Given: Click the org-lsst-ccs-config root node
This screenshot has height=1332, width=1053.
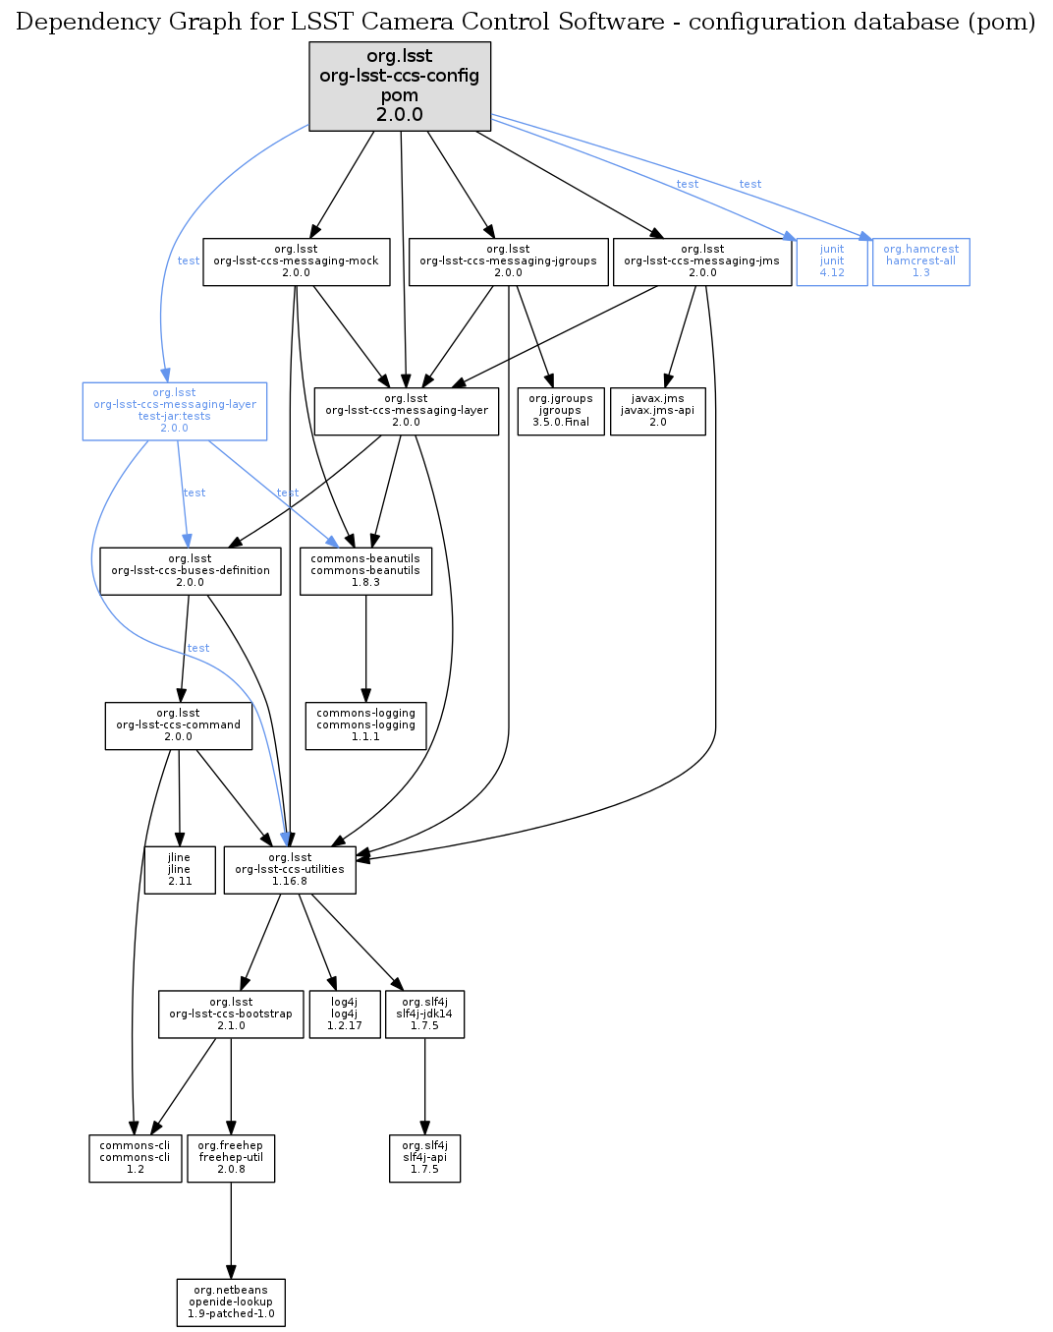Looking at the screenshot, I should (x=400, y=86).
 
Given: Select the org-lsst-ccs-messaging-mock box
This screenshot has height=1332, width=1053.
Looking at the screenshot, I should (x=296, y=261).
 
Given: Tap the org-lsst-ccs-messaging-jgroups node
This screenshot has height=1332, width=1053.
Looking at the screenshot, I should (x=508, y=261).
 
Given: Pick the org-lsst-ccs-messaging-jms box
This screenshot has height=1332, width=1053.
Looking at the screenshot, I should (x=701, y=261).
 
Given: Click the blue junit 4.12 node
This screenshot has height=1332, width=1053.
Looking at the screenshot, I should (x=831, y=261).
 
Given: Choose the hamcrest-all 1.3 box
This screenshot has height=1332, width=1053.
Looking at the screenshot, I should (x=920, y=261).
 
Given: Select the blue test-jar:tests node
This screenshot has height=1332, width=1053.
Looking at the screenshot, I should (x=175, y=411).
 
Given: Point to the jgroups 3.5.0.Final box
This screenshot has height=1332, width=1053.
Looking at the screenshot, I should (x=560, y=411).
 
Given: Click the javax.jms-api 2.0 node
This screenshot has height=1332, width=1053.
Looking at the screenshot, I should (x=657, y=411).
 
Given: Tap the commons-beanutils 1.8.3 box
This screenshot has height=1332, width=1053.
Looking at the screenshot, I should (x=365, y=571).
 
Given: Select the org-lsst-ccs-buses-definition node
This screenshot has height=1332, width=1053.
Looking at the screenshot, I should (x=190, y=571).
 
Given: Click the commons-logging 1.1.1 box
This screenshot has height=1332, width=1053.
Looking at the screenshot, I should (x=365, y=725).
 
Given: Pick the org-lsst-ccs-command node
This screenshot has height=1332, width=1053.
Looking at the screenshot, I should (x=178, y=725).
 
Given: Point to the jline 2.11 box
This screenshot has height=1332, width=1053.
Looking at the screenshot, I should (x=180, y=870).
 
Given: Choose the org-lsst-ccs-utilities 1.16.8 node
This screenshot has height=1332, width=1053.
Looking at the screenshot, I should (x=290, y=870).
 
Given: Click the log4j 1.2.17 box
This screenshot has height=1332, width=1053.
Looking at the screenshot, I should (x=344, y=1014).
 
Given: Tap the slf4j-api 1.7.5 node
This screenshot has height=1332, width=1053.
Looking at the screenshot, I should (x=424, y=1158).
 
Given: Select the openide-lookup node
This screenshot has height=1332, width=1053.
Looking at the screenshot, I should (x=231, y=1303).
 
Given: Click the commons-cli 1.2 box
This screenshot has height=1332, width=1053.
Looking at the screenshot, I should (x=135, y=1158).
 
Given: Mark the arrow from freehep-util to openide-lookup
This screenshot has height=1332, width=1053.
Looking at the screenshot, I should (x=231, y=1229).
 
